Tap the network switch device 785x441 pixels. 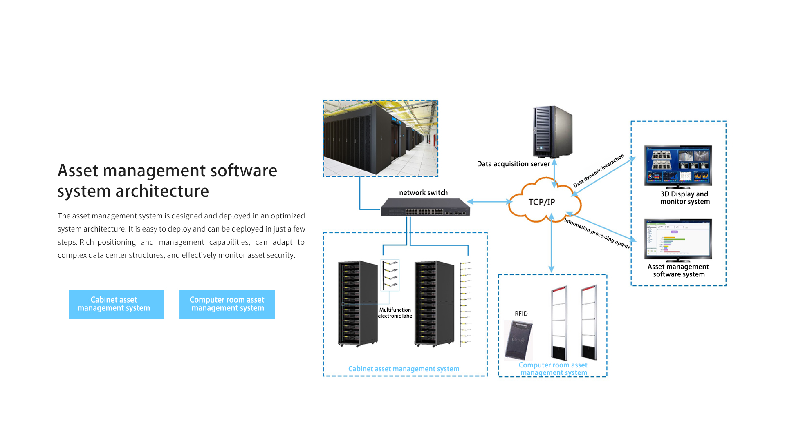coord(425,207)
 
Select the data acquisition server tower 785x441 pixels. coord(552,132)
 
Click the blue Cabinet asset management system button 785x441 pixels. coord(116,304)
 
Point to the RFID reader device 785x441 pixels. coord(518,340)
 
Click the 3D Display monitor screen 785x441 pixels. coord(678,165)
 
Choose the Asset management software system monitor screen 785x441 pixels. coord(678,238)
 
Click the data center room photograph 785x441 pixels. coord(380,138)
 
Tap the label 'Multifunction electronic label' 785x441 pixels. coord(395,313)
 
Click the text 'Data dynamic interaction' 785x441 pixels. coord(599,170)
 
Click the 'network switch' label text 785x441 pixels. coord(423,192)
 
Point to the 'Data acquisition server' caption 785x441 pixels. coord(513,164)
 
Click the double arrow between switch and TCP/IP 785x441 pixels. coord(489,202)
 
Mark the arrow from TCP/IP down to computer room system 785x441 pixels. coord(551,245)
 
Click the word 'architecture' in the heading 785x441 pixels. coord(162,191)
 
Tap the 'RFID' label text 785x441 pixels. coord(521,314)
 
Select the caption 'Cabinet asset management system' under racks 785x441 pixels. coord(404,369)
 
